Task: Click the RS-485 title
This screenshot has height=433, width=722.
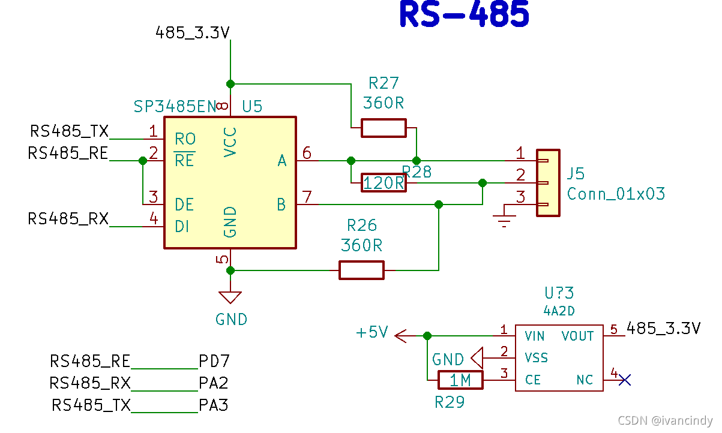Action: click(x=464, y=15)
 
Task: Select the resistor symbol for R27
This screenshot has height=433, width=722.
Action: click(x=384, y=128)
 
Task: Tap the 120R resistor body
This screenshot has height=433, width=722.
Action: click(x=384, y=182)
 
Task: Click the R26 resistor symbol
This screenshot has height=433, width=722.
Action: click(x=361, y=270)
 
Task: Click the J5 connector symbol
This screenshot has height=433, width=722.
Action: click(x=547, y=182)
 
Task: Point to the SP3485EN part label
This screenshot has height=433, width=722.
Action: click(x=175, y=107)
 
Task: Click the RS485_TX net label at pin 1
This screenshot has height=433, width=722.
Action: click(x=69, y=131)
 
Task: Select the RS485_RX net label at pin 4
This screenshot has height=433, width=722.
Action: click(x=68, y=219)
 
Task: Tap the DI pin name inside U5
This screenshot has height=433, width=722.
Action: click(x=182, y=227)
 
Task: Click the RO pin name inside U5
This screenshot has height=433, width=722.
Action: click(x=185, y=139)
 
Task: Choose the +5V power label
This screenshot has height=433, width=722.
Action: click(x=372, y=332)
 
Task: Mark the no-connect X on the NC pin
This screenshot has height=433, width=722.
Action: click(x=625, y=380)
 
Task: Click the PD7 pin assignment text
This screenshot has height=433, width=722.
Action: click(x=214, y=361)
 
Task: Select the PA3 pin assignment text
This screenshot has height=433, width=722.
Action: click(x=214, y=405)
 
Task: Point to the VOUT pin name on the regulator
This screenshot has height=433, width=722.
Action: click(x=577, y=336)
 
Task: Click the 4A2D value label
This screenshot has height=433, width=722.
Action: click(x=559, y=311)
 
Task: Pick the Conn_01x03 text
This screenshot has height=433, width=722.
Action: click(x=616, y=194)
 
